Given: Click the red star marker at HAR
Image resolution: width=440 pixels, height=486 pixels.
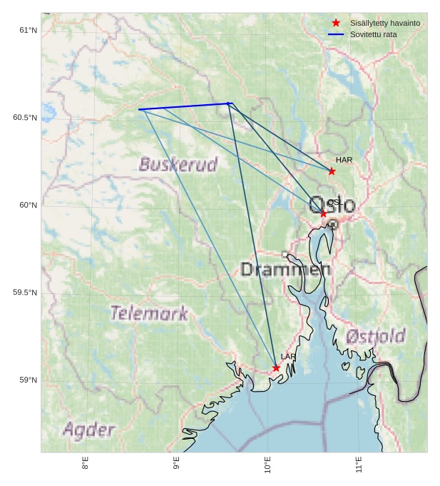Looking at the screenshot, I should click(332, 171).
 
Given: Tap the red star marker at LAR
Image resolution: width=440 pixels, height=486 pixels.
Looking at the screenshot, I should click(276, 368).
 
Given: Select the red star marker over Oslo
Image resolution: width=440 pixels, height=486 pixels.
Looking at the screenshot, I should click(323, 213).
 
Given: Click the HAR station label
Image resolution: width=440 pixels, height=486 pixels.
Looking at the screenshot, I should click(344, 160).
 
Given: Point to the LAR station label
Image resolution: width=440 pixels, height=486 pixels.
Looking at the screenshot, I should click(288, 357).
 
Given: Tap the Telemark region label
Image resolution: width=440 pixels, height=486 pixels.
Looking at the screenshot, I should click(149, 313).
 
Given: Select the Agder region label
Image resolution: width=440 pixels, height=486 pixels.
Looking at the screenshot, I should click(88, 430).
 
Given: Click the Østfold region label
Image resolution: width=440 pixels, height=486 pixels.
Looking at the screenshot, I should click(375, 336).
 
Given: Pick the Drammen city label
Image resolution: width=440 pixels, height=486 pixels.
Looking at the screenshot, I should click(285, 270).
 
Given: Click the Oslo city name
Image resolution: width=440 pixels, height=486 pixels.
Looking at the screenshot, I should click(332, 205).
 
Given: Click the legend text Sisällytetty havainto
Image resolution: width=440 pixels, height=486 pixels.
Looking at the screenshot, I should click(385, 23).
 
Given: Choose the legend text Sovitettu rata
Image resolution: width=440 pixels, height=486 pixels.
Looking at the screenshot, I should click(374, 34).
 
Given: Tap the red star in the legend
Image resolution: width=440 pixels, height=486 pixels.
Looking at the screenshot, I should click(336, 23).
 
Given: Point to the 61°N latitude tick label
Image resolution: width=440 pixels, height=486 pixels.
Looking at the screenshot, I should click(28, 30).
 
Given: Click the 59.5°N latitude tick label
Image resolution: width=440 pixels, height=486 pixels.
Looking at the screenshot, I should click(25, 293).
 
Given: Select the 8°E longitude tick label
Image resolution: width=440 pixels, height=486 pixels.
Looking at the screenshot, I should click(86, 463).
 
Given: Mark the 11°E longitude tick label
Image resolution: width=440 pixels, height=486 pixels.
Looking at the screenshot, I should click(359, 465).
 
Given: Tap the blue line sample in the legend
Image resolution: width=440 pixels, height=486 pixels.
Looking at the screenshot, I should click(336, 34).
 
